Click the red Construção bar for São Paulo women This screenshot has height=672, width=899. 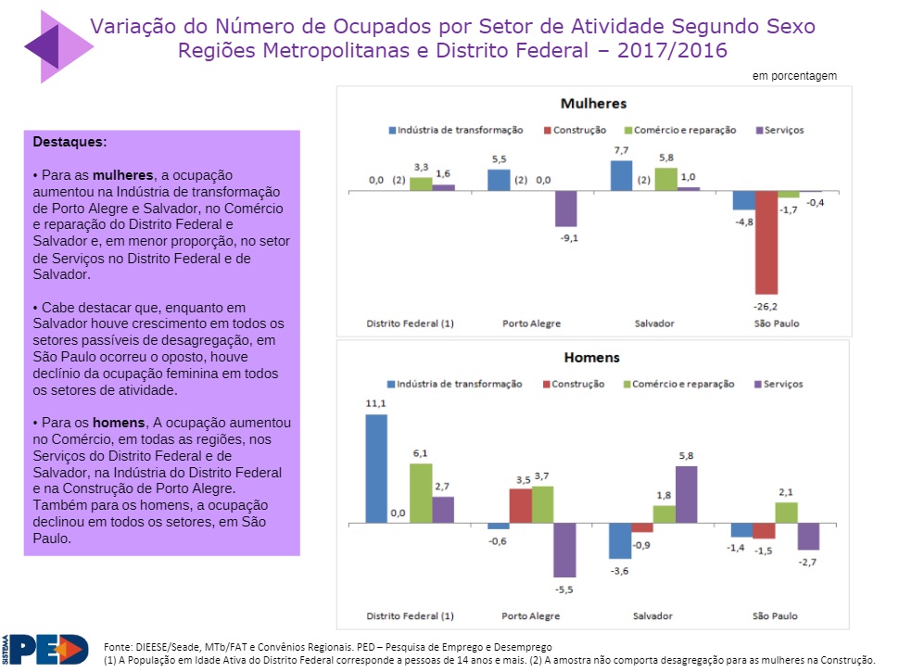766,242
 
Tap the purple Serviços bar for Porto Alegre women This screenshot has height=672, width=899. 565,209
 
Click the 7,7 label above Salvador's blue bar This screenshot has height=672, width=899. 621,150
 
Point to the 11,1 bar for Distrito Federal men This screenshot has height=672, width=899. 376,469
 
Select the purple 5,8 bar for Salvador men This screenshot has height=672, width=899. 686,495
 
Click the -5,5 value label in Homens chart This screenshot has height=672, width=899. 565,589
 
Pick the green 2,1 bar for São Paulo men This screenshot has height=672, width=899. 786,514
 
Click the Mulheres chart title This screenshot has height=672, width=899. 593,104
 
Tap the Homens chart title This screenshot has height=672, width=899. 593,358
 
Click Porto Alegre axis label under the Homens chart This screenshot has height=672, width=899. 531,615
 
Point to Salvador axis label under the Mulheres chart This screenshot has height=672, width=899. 653,323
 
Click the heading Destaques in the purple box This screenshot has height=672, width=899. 70,143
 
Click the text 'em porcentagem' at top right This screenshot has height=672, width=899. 794,76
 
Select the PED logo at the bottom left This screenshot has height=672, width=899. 46,649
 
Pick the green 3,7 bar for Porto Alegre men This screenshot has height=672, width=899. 542,505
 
